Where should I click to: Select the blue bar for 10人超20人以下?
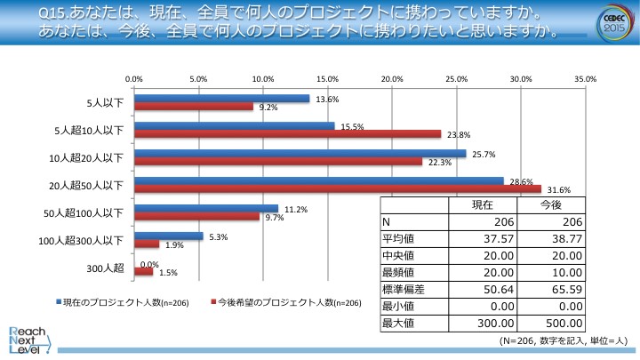pyautogui.click(x=300, y=154)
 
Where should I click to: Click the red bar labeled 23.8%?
pyautogui.click(x=287, y=134)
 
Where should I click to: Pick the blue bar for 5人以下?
pyautogui.click(x=221, y=99)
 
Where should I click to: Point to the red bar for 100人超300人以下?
pyautogui.click(x=147, y=244)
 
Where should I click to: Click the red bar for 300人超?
pyautogui.click(x=143, y=271)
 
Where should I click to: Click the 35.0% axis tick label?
pyautogui.click(x=585, y=79)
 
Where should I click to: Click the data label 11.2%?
pyautogui.click(x=296, y=210)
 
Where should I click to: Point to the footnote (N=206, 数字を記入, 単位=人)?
pyautogui.click(x=564, y=340)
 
